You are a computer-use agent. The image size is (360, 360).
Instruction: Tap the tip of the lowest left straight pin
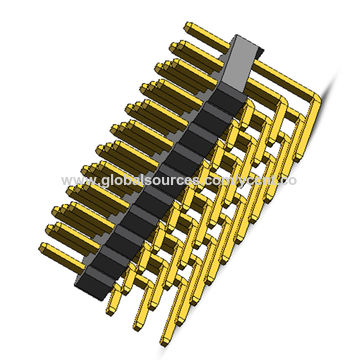pos(44,248)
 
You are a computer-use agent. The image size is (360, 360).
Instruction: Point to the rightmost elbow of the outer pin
pos(318,96)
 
